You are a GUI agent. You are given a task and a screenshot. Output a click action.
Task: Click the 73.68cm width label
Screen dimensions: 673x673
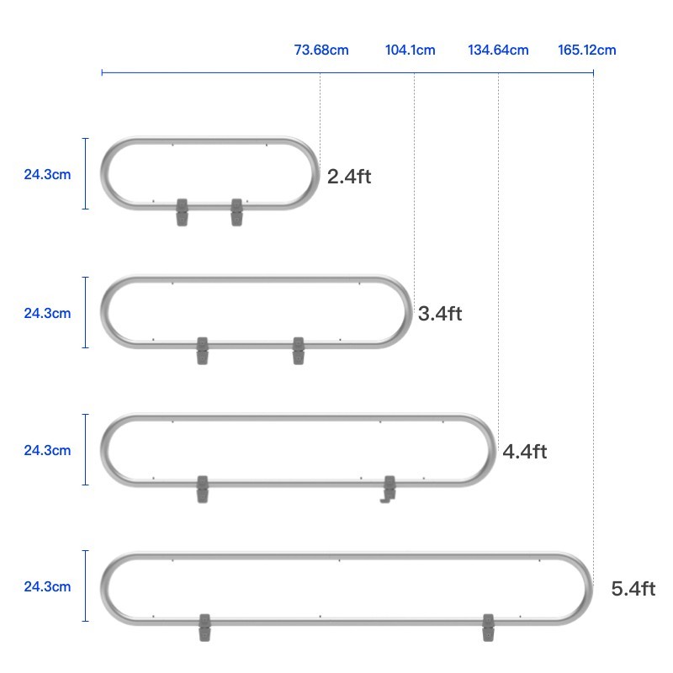tap(321, 50)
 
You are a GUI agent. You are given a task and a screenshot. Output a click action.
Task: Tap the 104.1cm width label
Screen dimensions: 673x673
tap(411, 50)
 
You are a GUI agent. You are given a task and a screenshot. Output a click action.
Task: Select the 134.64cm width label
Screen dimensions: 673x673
tap(498, 50)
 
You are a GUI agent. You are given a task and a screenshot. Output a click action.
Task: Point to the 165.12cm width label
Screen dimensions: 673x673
tap(586, 50)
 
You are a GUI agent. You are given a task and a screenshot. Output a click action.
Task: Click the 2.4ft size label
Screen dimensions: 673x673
tap(349, 177)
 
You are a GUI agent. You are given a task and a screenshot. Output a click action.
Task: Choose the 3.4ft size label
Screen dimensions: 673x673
tap(440, 314)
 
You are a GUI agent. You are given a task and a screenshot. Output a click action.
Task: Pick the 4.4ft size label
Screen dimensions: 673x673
tap(525, 452)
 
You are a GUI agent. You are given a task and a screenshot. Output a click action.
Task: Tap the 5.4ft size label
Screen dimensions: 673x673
tap(633, 589)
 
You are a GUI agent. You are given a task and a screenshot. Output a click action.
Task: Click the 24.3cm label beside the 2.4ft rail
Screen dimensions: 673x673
tap(47, 175)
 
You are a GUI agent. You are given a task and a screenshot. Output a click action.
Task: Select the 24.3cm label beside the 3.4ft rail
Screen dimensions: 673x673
tap(47, 313)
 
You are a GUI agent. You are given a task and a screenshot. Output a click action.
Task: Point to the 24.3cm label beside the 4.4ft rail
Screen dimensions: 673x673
tap(47, 450)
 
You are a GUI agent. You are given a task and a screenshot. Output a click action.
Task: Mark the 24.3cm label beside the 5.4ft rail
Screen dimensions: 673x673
tap(47, 586)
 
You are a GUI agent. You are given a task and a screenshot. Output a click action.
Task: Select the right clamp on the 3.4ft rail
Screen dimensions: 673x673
tap(298, 351)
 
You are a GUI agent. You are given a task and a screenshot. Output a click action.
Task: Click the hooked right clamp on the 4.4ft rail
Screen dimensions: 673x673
tap(389, 489)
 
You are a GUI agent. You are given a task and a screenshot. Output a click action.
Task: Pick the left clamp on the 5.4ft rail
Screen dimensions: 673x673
tap(204, 628)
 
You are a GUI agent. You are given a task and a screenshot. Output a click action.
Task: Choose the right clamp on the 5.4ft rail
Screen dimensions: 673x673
tap(489, 628)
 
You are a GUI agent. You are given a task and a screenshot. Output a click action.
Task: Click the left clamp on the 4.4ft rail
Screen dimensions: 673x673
tap(202, 489)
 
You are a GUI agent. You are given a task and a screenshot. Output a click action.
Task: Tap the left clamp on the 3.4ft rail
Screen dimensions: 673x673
tap(202, 351)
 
